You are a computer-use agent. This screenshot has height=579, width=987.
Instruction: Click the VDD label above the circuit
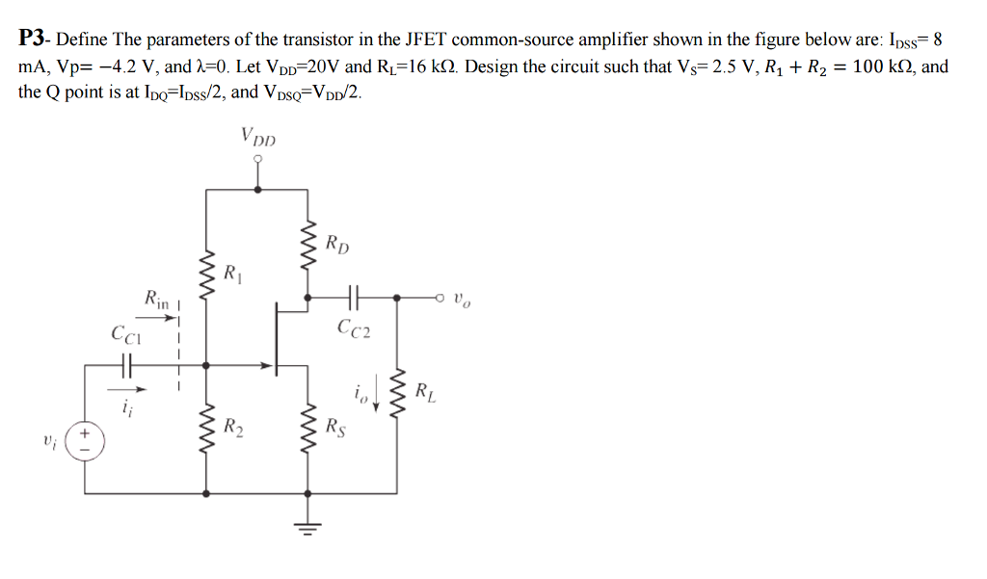pyautogui.click(x=257, y=138)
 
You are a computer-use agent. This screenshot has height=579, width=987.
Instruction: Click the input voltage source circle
pyautogui.click(x=85, y=440)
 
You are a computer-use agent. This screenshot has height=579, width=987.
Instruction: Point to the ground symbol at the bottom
pyautogui.click(x=308, y=529)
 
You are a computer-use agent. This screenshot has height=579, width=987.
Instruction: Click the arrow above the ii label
pyautogui.click(x=133, y=389)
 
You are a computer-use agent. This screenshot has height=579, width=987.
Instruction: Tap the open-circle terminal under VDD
pyautogui.click(x=257, y=160)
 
